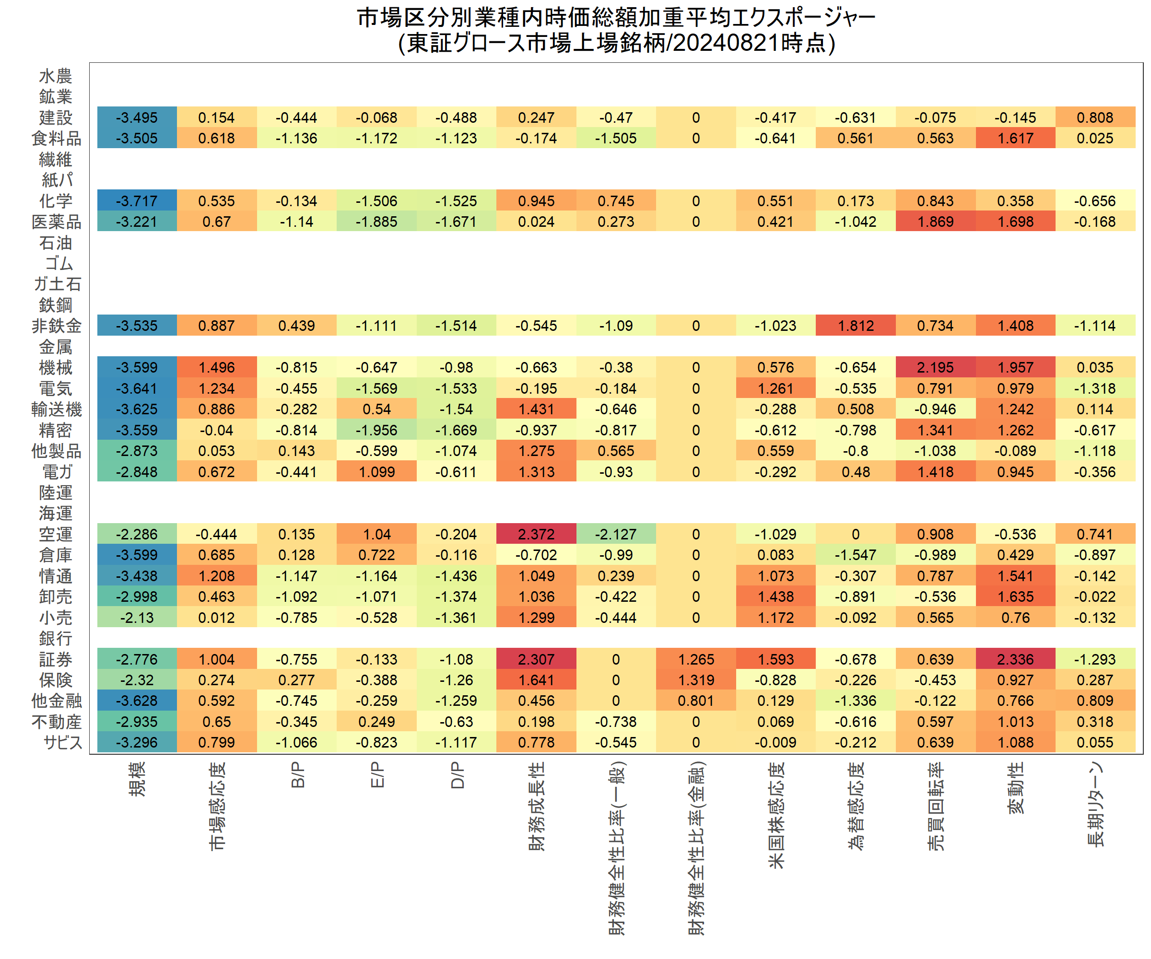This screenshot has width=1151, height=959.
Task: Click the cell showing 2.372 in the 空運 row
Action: coord(536,534)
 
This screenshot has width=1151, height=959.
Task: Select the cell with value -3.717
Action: coord(137,200)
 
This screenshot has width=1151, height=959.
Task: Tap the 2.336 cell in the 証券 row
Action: coord(1015,659)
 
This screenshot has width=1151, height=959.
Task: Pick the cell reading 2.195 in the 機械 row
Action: coord(936,367)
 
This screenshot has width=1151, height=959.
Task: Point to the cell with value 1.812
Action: coord(856,326)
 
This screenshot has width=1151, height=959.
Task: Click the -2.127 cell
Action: coord(616,534)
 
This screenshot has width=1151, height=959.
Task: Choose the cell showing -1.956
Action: coord(376,430)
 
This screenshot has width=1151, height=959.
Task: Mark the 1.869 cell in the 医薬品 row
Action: coord(936,222)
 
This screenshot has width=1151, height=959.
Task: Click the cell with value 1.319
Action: coord(696,679)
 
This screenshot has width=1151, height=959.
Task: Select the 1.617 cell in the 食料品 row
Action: coord(1015,138)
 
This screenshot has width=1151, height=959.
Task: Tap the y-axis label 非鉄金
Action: coord(57,326)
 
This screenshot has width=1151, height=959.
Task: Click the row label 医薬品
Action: coord(57,222)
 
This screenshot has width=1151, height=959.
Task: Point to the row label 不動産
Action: coord(57,722)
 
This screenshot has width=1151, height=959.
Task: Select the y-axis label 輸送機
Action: coord(57,409)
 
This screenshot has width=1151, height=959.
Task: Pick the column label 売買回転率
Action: coord(936,806)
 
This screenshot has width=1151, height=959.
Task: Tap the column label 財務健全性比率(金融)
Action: coord(696,847)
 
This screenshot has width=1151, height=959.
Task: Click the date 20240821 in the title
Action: coord(726,43)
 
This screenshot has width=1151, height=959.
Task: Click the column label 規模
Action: coord(137,779)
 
